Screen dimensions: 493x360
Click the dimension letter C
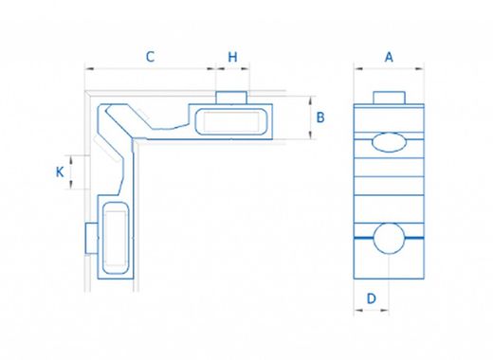click(150, 56)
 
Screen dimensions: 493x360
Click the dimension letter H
click(232, 56)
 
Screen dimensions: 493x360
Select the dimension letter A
click(388, 56)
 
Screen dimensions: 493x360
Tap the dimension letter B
click(320, 117)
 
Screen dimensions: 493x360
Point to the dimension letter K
click(60, 171)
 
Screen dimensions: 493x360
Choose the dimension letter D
click(372, 298)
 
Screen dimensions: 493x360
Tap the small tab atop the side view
click(388, 97)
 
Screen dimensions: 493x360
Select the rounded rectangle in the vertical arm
click(114, 241)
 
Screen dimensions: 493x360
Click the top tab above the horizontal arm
click(231, 96)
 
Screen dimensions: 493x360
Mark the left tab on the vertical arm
click(89, 239)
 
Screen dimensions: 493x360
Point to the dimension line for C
click(150, 68)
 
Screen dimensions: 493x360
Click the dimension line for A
click(388, 68)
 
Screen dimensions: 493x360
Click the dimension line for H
click(232, 68)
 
